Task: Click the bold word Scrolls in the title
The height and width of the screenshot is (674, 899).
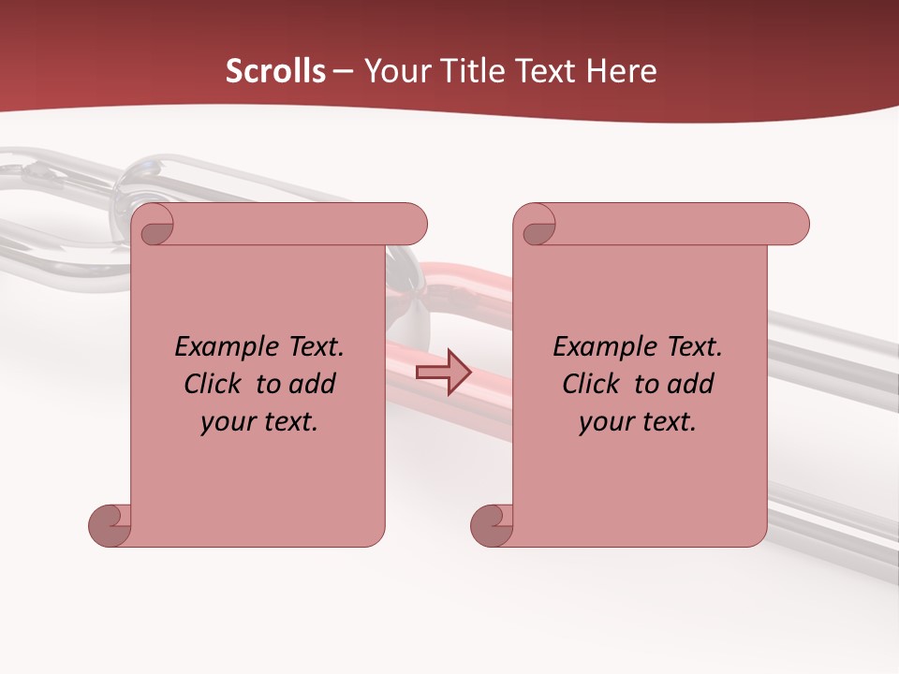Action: pyautogui.click(x=275, y=71)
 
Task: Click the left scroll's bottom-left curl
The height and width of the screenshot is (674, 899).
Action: pyautogui.click(x=111, y=525)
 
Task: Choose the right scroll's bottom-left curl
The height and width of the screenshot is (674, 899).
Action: pyautogui.click(x=493, y=525)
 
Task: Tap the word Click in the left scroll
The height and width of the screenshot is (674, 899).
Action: pyautogui.click(x=214, y=384)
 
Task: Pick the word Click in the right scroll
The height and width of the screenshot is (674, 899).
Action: pyautogui.click(x=592, y=384)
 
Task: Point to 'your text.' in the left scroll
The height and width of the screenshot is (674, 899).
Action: pyautogui.click(x=259, y=421)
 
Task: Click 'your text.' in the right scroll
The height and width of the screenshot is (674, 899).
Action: pyautogui.click(x=638, y=421)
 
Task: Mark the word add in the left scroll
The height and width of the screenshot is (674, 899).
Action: pyautogui.click(x=312, y=384)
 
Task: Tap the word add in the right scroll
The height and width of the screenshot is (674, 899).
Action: pyautogui.click(x=690, y=384)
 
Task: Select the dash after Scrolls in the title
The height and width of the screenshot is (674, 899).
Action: pyautogui.click(x=343, y=71)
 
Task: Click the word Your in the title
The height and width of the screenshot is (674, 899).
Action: pyautogui.click(x=397, y=71)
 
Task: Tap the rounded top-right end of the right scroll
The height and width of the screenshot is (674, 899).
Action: pyautogui.click(x=793, y=224)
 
